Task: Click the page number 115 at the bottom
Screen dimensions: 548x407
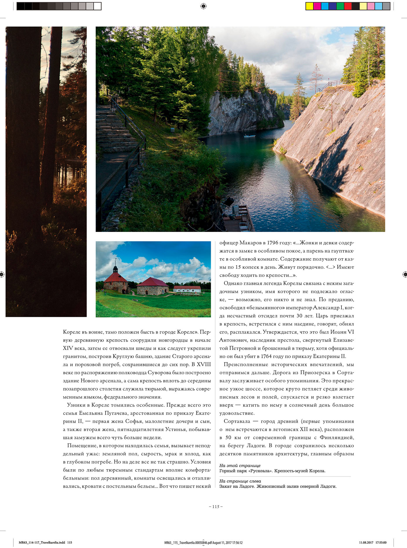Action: coord(216,507)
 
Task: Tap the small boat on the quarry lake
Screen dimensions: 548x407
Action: coord(249,136)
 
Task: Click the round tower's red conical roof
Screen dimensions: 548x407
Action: coord(115,277)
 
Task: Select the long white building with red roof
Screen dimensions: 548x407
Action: coord(187,289)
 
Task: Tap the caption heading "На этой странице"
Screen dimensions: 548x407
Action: coord(240,466)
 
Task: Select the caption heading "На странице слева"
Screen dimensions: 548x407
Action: coord(240,481)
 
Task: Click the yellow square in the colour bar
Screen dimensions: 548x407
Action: coord(309,6)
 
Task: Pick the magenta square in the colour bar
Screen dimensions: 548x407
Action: coord(317,6)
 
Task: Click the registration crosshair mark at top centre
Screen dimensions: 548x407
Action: coord(203,6)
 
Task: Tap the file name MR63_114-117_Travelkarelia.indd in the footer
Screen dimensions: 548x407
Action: coord(42,542)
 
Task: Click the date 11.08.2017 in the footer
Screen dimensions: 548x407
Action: coord(366,542)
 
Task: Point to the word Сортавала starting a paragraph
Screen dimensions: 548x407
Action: coord(237,421)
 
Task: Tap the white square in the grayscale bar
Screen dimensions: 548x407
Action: coord(97,6)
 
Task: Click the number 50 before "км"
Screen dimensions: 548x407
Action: coord(228,438)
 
